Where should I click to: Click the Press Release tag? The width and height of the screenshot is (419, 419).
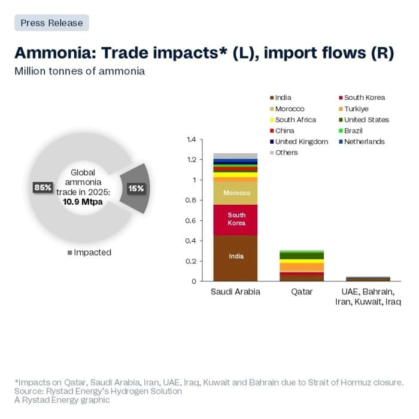coord(51,23)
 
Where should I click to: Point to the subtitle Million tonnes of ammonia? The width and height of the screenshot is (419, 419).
coord(80,71)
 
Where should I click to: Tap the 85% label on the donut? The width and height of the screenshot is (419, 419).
coord(42,187)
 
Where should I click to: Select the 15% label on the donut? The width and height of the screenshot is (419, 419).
coord(136,188)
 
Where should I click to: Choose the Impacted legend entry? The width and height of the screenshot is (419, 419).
coord(89,253)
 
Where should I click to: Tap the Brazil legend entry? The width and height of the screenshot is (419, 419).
coord(353,130)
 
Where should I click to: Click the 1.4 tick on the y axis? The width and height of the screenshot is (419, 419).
coord(191,139)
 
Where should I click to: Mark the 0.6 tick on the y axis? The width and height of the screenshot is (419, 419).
coord(191,221)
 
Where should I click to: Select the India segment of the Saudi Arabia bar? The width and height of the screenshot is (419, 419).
coord(235,257)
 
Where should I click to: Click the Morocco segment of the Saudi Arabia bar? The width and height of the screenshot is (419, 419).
coord(235,193)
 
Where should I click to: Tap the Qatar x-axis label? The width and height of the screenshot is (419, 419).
coord(302,292)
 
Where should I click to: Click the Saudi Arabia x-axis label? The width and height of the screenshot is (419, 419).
coord(235,292)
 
